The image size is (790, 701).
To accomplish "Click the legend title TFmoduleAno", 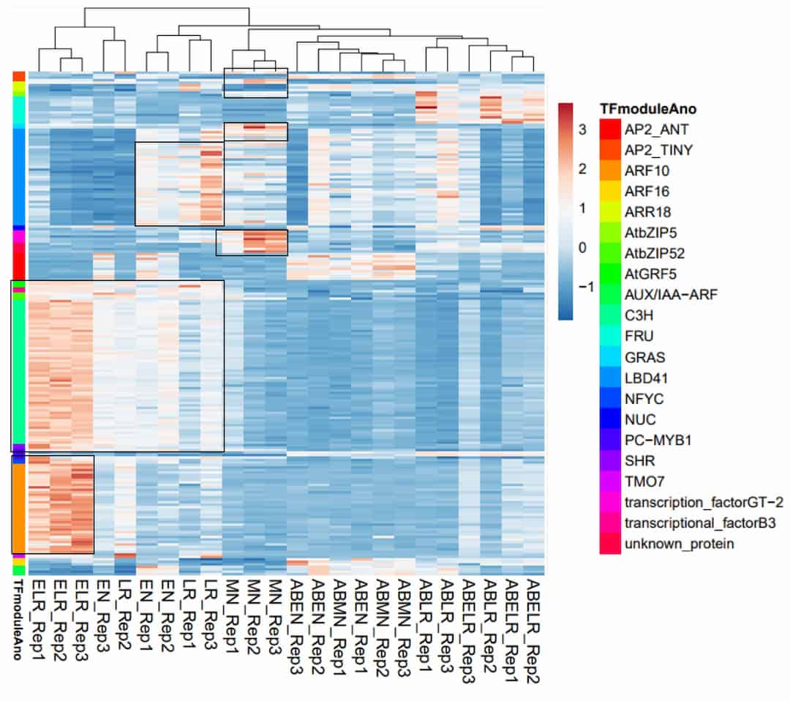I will coord(647,109).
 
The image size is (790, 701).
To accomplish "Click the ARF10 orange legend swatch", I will coord(609,171).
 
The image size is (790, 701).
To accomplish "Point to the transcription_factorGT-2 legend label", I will coord(704,503).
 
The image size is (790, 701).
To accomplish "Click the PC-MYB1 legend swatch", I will coord(609,441).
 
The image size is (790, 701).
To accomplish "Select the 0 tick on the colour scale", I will coord(582,247).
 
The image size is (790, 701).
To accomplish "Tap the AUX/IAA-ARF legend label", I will coord(661,296).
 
